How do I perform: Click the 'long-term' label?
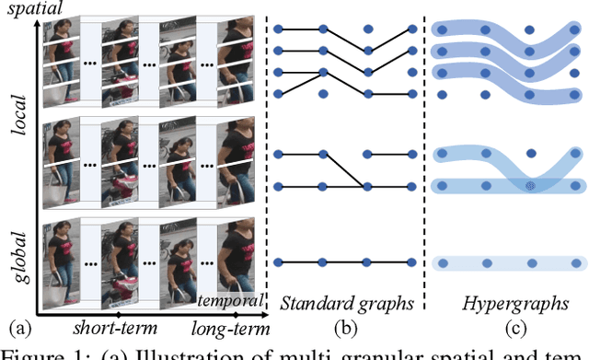[x=229, y=328]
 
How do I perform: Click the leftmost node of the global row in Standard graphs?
[x=279, y=263]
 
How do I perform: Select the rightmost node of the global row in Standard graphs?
[x=411, y=263]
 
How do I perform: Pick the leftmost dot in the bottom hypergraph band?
[x=442, y=263]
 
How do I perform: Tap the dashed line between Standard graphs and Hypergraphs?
[x=424, y=157]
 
